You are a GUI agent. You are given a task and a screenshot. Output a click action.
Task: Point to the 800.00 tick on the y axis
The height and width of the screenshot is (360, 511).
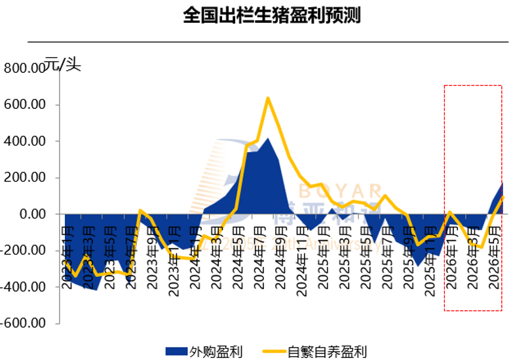(24, 68)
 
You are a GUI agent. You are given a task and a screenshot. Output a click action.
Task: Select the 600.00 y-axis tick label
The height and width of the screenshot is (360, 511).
(24, 105)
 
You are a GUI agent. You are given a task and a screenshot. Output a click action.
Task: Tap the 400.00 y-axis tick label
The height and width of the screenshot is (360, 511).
(24, 141)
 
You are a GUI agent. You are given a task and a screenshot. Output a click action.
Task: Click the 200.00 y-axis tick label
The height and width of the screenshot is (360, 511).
(24, 178)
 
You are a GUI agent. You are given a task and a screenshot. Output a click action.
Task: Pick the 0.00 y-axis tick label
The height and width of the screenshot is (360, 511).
(29, 214)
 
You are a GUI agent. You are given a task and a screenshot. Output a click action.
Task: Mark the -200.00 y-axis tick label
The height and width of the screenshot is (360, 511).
(22, 250)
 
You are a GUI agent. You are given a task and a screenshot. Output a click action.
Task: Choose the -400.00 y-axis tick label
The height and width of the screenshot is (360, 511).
(22, 287)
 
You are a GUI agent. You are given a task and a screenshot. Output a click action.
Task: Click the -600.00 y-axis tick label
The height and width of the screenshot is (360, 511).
(22, 323)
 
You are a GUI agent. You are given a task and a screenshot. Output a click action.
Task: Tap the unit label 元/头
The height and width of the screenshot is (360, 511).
(63, 64)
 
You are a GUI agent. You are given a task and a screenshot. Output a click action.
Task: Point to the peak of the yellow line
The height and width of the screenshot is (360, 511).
(268, 98)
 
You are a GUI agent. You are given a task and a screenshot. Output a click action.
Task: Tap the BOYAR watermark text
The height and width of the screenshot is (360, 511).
(341, 191)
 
